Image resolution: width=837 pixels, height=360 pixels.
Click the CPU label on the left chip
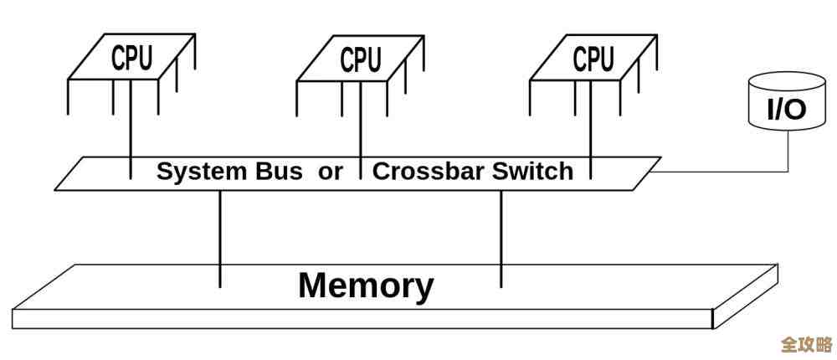(132, 58)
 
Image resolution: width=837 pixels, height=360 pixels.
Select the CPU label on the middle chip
(361, 59)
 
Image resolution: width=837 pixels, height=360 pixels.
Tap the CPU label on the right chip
(593, 59)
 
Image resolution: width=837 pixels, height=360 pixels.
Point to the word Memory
(366, 285)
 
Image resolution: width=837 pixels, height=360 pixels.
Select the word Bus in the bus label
(279, 172)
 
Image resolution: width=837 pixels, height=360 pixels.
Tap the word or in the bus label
(331, 172)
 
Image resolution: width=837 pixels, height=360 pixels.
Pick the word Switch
(533, 172)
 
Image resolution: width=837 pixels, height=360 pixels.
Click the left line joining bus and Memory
(220, 239)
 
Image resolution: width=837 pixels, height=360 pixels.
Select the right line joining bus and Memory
(501, 239)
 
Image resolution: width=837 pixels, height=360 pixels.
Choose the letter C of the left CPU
(120, 58)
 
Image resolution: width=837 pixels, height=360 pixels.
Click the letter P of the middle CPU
(361, 59)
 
